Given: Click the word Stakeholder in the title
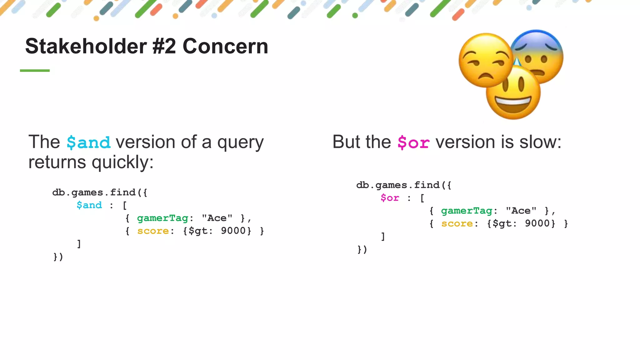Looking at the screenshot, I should (86, 46).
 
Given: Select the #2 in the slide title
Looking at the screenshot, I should (164, 46).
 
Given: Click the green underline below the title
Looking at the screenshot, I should (35, 71).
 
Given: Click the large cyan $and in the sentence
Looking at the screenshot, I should (88, 142).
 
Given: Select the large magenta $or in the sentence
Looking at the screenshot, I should (413, 142).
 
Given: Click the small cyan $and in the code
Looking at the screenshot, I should (89, 205).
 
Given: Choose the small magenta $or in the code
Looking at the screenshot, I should (390, 198).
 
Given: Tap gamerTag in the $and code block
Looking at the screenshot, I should (162, 218).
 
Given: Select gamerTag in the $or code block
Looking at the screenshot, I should (467, 211).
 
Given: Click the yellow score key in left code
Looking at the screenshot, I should (153, 231).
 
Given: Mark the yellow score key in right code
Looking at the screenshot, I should (457, 224).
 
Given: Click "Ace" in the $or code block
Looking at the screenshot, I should (521, 211).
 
